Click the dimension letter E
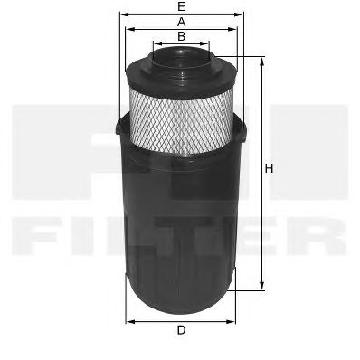pyautogui.click(x=181, y=6)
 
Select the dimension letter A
pyautogui.click(x=181, y=22)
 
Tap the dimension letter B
pyautogui.click(x=181, y=36)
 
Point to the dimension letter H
pyautogui.click(x=269, y=168)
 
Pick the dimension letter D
pyautogui.click(x=181, y=330)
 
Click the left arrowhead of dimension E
pyautogui.click(x=124, y=14)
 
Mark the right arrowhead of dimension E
pyautogui.click(x=239, y=14)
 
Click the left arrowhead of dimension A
pyautogui.click(x=129, y=29)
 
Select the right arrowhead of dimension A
pyautogui.click(x=232, y=29)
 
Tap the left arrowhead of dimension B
pyautogui.click(x=156, y=43)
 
